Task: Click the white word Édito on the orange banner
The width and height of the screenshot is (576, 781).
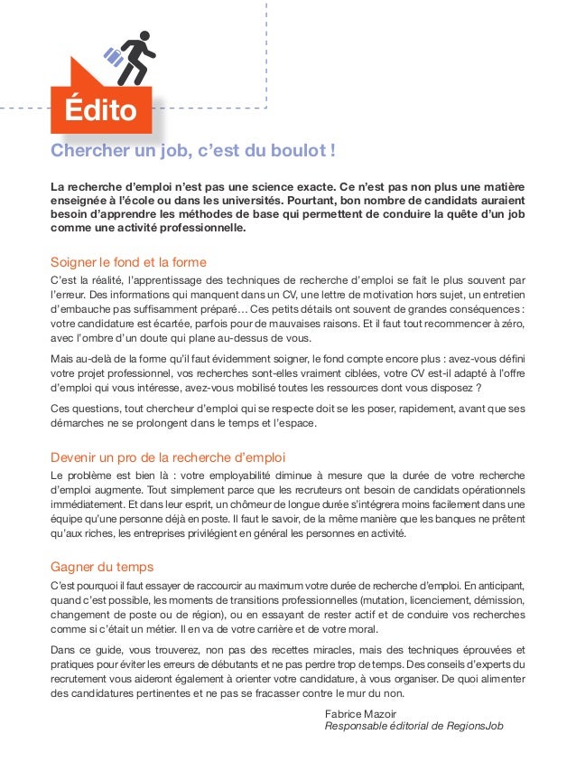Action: point(100,112)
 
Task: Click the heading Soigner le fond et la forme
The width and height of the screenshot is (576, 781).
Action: point(128,263)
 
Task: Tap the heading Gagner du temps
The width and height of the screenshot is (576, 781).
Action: point(102,567)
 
